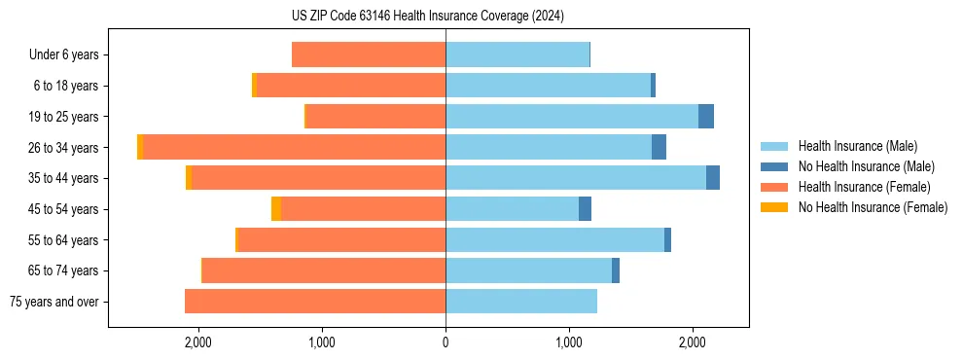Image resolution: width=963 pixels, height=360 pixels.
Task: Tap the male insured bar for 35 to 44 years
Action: [575, 178]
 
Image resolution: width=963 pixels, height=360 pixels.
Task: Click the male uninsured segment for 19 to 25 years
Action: [706, 117]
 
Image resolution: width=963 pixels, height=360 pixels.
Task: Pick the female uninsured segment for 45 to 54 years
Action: [276, 209]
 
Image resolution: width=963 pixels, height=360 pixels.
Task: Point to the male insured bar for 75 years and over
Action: [521, 302]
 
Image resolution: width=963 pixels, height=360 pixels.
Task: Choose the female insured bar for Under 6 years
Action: [369, 54]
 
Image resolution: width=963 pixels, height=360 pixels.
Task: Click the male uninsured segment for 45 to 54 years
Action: [585, 209]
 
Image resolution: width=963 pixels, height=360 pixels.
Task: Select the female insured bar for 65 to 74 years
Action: [324, 270]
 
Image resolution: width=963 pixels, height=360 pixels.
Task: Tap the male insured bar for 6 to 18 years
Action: [548, 86]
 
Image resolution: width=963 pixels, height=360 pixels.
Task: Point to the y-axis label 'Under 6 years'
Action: [64, 54]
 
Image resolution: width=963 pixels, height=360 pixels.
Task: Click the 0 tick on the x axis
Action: [446, 342]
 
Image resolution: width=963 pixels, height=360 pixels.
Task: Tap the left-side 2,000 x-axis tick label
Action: [198, 342]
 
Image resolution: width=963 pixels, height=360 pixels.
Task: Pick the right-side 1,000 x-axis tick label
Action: [569, 342]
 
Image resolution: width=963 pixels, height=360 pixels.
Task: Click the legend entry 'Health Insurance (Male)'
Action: [857, 146]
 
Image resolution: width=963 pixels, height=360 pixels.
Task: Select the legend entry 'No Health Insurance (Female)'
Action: [873, 207]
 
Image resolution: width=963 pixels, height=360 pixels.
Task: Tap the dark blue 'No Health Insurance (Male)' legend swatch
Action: [774, 166]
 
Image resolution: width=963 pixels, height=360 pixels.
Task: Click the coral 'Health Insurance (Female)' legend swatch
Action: [774, 187]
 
